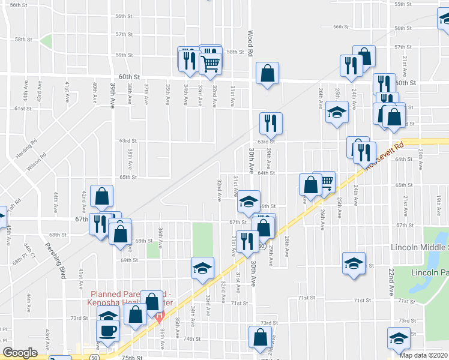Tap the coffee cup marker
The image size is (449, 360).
[108, 330]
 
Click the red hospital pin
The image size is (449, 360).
[159, 316]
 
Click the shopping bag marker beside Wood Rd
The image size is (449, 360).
[268, 74]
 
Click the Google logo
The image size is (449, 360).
[20, 353]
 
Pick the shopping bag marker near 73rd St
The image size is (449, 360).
[136, 313]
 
